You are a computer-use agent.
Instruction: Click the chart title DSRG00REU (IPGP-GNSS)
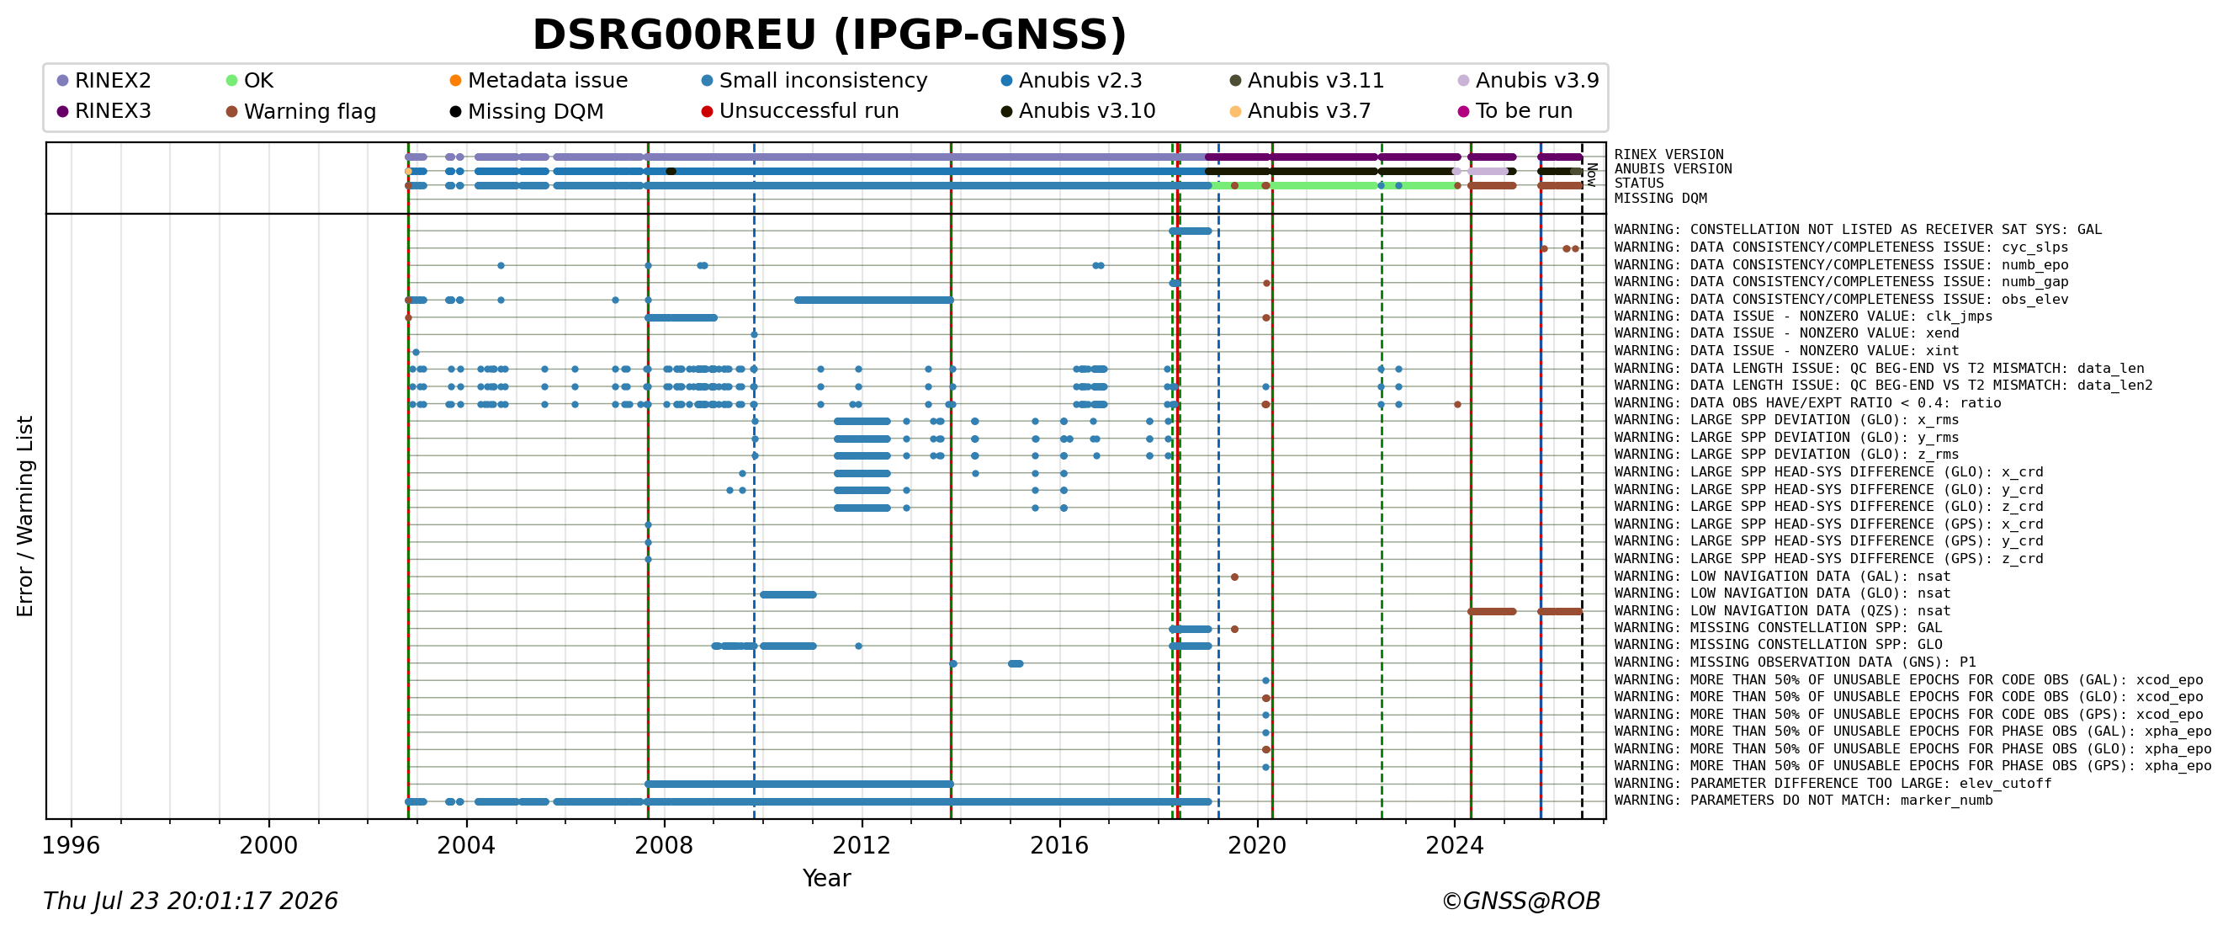click(830, 35)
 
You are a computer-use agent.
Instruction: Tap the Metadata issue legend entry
click(538, 81)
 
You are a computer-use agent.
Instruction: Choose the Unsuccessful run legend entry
click(800, 111)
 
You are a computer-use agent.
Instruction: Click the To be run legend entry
click(1515, 111)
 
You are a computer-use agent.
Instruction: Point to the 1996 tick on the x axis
click(71, 845)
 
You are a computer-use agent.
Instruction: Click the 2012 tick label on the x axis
click(862, 845)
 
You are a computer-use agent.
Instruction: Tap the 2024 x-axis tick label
click(1455, 845)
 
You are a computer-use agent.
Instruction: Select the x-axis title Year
click(826, 878)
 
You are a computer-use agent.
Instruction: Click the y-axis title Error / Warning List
click(25, 516)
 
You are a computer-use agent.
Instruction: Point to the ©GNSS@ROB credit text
click(1520, 902)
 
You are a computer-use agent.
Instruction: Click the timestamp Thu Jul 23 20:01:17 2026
click(190, 902)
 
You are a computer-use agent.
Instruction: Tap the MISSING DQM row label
click(1661, 199)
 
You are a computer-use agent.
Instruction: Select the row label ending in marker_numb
click(1803, 801)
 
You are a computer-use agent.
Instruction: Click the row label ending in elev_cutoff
click(1833, 784)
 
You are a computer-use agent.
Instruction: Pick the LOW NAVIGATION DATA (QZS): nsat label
click(1783, 611)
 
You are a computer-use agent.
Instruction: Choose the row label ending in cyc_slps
click(1842, 247)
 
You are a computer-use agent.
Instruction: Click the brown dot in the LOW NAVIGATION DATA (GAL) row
click(1234, 577)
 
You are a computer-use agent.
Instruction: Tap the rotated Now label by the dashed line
click(1591, 175)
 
